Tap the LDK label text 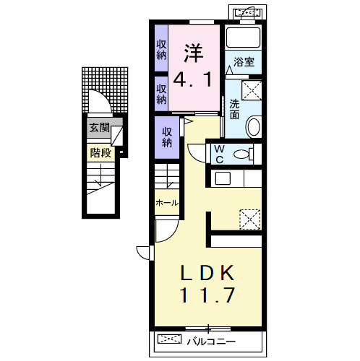coord(207,273)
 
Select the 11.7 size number coord(207,295)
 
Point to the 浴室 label coord(244,62)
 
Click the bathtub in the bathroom coord(244,37)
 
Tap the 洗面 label coord(234,109)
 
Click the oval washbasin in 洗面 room coord(254,126)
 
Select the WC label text coord(219,155)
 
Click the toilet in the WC coord(244,154)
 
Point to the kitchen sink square coord(223,178)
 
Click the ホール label coord(167,203)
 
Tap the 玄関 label coord(100,128)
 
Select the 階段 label coord(100,152)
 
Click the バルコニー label coord(211,342)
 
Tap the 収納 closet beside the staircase coord(167,137)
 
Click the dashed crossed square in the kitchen coord(250,219)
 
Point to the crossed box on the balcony coord(169,339)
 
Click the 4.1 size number coord(193,79)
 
